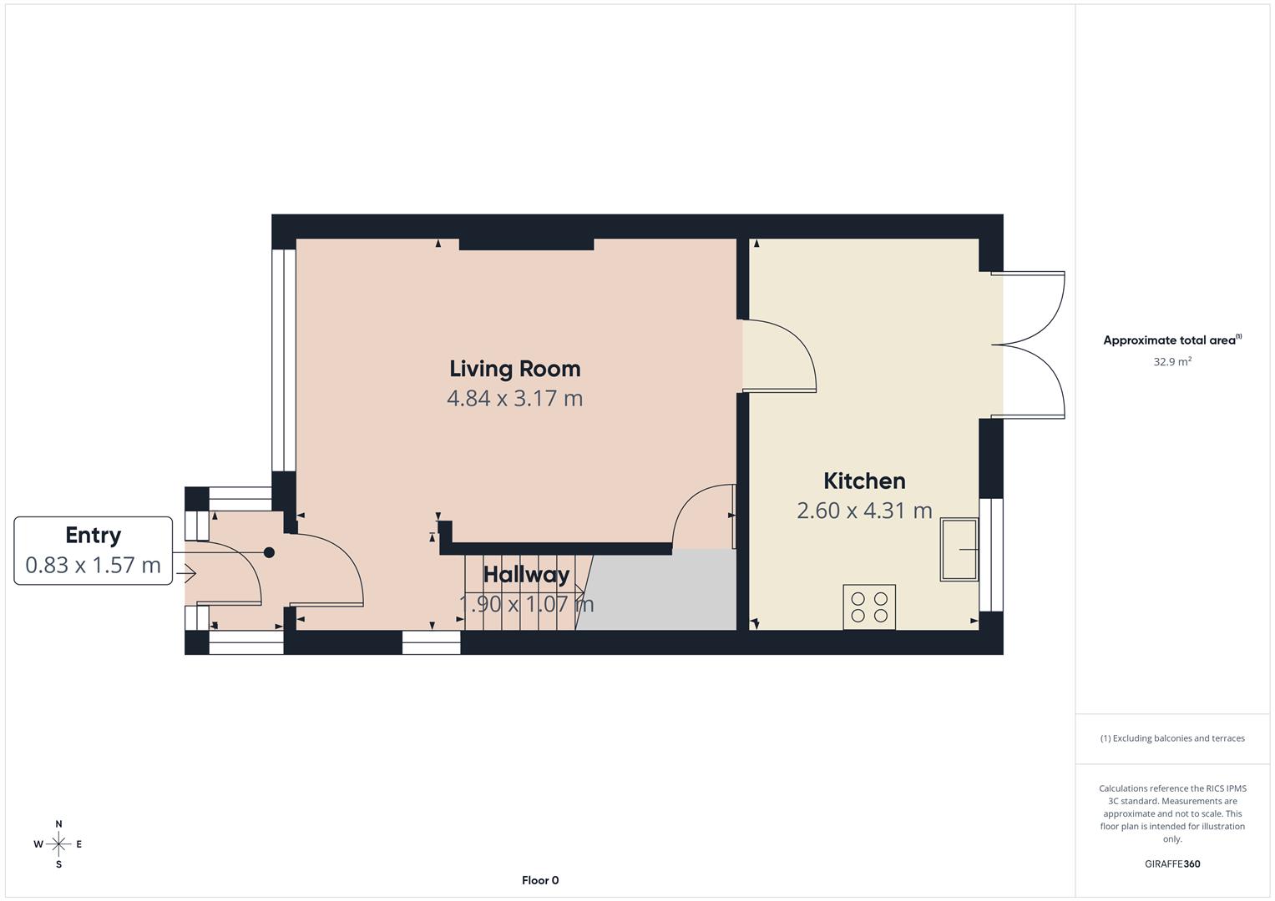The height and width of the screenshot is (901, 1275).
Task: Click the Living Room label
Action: [x=514, y=369]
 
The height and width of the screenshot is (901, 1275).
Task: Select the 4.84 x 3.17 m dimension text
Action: [x=514, y=399]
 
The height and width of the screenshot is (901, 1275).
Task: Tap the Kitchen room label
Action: [x=864, y=481]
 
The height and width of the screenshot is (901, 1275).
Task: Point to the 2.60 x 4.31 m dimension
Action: [x=864, y=511]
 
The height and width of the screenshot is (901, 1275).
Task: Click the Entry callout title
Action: [x=94, y=536]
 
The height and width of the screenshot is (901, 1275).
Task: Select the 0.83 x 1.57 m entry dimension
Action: [x=94, y=566]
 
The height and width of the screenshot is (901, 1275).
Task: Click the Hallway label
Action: [x=526, y=575]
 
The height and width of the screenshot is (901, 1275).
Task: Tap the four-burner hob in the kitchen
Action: [x=869, y=607]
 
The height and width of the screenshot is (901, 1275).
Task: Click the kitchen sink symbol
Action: [x=959, y=549]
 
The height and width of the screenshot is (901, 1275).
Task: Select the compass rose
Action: [x=58, y=844]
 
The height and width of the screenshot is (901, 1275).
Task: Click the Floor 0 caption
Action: [x=540, y=880]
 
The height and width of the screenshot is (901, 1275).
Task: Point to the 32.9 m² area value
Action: [x=1172, y=362]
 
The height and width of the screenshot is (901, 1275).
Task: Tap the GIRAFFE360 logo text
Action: [x=1172, y=864]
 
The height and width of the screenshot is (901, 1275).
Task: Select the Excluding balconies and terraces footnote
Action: [x=1172, y=738]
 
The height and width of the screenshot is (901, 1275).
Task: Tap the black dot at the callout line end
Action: [x=269, y=552]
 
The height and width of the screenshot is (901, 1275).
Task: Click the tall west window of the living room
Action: [x=284, y=359]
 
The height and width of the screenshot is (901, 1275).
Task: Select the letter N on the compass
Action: [x=58, y=824]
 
